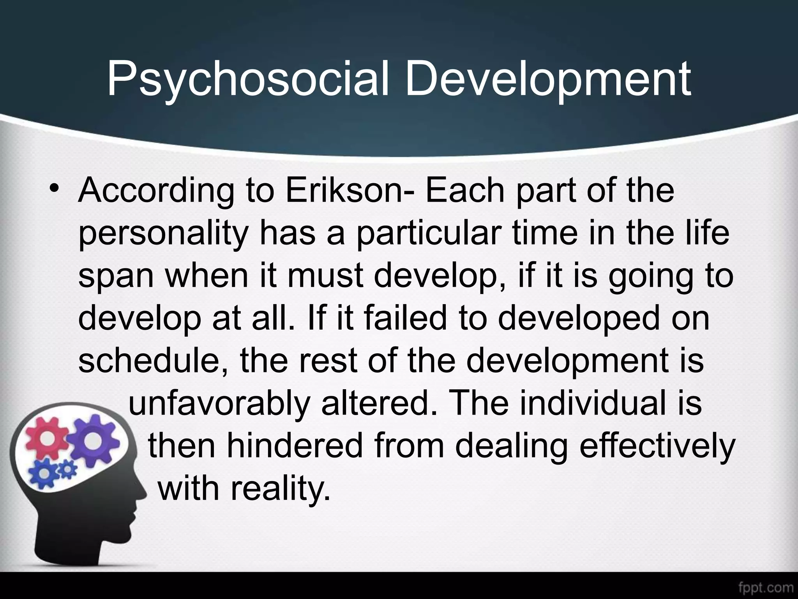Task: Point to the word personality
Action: pyautogui.click(x=164, y=236)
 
